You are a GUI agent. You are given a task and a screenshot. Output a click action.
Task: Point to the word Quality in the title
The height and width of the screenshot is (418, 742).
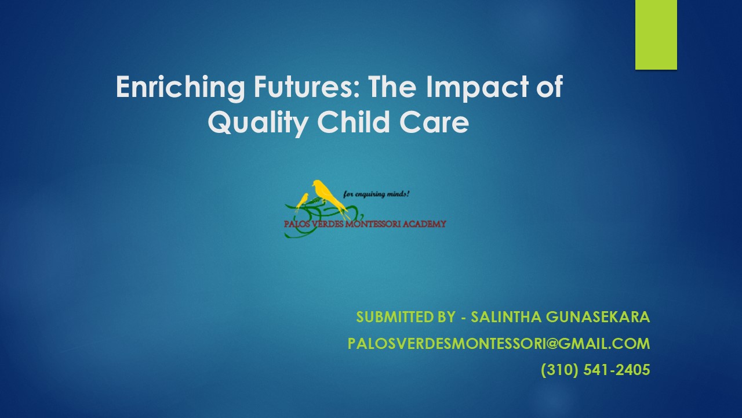(249, 123)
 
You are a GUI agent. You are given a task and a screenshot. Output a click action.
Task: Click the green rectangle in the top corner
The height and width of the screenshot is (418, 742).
(656, 34)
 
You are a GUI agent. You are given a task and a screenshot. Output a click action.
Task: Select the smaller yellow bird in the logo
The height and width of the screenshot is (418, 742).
(302, 200)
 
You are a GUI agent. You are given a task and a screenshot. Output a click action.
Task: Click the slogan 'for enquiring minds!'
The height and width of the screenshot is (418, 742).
(377, 194)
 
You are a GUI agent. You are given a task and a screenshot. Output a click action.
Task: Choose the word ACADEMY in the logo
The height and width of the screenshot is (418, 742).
(426, 224)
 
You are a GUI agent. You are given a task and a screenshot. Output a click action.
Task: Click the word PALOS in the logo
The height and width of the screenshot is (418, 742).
(297, 224)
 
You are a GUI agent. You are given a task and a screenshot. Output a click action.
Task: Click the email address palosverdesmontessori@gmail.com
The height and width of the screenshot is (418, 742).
(499, 344)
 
